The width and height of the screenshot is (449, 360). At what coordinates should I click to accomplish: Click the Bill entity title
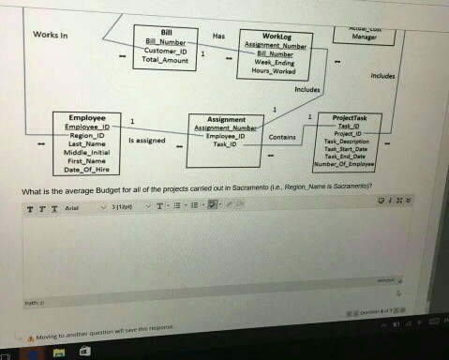pos(167,33)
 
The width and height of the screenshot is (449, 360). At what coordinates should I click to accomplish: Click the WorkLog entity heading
pos(277,36)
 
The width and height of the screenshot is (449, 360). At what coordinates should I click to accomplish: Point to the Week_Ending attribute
pos(276,62)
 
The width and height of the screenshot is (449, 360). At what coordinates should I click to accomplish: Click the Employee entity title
pos(87,117)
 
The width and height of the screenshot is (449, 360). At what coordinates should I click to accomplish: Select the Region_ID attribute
pos(87,134)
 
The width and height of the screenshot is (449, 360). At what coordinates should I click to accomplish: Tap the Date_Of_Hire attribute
pos(86,170)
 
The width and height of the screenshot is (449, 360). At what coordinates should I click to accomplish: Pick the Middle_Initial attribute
pos(86,152)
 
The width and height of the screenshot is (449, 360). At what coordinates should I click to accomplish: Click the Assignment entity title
pos(225,120)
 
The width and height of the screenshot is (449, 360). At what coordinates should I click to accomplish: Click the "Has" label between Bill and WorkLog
pos(218,36)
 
